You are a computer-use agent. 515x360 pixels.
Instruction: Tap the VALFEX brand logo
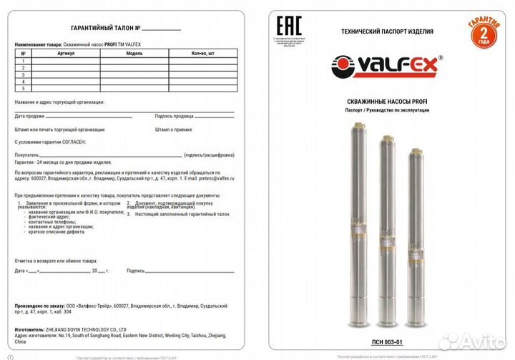click(x=386, y=66)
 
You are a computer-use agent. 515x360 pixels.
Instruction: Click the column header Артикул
click(x=67, y=54)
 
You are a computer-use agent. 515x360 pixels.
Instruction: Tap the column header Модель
click(x=134, y=54)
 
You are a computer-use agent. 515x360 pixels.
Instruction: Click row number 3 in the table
click(x=24, y=74)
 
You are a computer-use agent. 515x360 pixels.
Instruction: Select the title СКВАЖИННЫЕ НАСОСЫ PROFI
click(x=387, y=102)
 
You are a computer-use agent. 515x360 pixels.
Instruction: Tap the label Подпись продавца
click(x=174, y=115)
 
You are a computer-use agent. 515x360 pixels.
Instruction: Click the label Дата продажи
click(x=30, y=115)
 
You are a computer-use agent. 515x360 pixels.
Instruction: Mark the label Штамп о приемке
click(x=172, y=130)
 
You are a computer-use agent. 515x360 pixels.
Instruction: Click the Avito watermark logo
click(x=472, y=342)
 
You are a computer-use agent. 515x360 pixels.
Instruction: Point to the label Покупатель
click(x=27, y=155)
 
